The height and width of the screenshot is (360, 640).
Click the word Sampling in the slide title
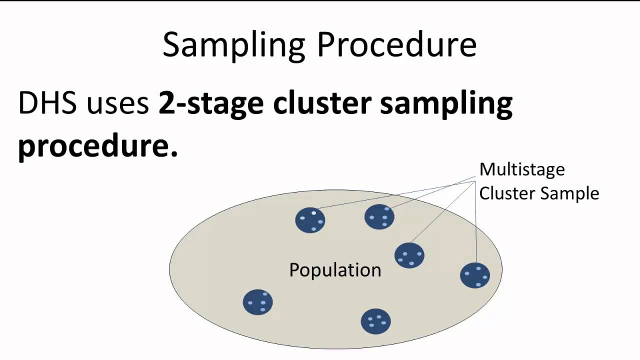pyautogui.click(x=233, y=45)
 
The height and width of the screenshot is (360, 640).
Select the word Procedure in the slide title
pyautogui.click(x=396, y=45)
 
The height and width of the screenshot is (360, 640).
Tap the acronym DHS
pyautogui.click(x=47, y=103)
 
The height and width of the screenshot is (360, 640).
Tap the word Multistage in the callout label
pyautogui.click(x=521, y=169)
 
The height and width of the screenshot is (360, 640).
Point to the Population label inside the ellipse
pyautogui.click(x=335, y=270)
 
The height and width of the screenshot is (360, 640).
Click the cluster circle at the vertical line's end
pyautogui.click(x=475, y=275)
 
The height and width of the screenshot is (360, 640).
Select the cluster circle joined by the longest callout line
pyautogui.click(x=310, y=220)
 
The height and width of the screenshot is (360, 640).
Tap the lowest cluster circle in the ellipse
pyautogui.click(x=375, y=321)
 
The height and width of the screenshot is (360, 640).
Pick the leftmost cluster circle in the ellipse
pyautogui.click(x=257, y=302)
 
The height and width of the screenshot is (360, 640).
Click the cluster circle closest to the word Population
pyautogui.click(x=409, y=255)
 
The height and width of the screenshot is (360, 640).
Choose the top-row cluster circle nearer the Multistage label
pyautogui.click(x=379, y=217)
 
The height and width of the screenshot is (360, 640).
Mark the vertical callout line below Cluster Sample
pyautogui.click(x=475, y=225)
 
